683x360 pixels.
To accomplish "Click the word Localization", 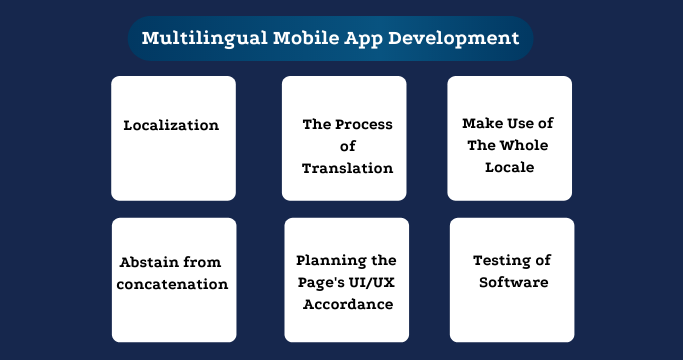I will coord(171,125).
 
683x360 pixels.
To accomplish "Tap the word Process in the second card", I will coord(365,125).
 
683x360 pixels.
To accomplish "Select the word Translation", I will coord(347,168).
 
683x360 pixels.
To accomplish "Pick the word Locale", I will coord(509,167).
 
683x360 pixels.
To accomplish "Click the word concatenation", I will coord(173,284).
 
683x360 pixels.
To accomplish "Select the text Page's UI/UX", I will coord(346,282).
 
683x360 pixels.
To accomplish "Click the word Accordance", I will coord(346,304).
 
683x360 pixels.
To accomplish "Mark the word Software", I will coord(513,283).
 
